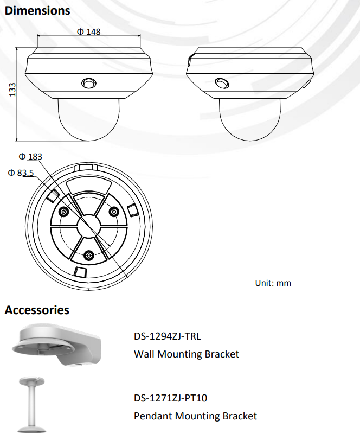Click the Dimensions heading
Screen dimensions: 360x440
(37, 10)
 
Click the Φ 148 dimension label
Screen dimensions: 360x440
(88, 31)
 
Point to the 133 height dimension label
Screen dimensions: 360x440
(12, 90)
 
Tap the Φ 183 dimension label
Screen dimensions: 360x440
(30, 156)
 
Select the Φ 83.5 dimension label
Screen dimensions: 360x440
(21, 173)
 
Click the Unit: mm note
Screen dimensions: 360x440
(273, 283)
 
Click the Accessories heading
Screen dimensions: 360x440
(37, 310)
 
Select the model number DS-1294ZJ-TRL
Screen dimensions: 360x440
(167, 336)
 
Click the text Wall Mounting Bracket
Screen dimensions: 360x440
(186, 354)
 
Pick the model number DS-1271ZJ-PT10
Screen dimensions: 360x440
(170, 398)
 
